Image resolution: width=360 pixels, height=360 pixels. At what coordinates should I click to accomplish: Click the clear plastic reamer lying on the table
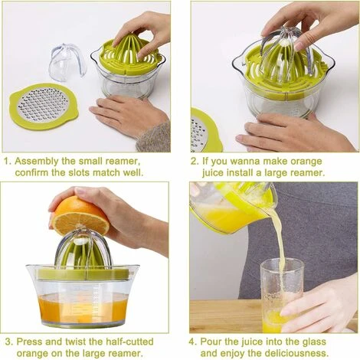pyautogui.click(x=67, y=62)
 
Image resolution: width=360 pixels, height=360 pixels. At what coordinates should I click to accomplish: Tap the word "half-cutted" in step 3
pyautogui.click(x=125, y=342)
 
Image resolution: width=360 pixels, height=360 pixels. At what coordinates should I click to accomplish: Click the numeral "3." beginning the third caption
pyautogui.click(x=8, y=342)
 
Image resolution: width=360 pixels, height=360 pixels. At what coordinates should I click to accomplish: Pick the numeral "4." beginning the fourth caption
pyautogui.click(x=193, y=342)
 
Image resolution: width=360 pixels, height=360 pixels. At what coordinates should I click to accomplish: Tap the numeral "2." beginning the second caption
pyautogui.click(x=195, y=162)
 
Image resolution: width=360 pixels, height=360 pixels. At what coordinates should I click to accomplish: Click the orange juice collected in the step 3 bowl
pyautogui.click(x=83, y=309)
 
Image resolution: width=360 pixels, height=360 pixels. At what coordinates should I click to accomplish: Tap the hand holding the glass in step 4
pyautogui.click(x=319, y=306)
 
